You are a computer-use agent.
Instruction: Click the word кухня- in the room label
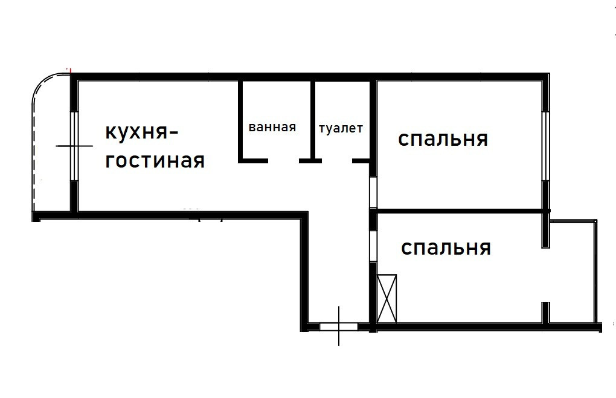coord(143,132)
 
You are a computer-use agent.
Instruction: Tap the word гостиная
coord(155,161)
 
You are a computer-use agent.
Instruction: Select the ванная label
coord(272,127)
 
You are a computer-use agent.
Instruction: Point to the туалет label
coord(341,128)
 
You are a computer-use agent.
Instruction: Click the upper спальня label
coord(443,139)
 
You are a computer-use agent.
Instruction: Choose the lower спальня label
coord(446,247)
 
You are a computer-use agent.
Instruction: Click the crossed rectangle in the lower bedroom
coord(388,299)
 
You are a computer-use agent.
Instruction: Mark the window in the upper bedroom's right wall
coord(545,145)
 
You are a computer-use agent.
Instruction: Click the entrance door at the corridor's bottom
coord(338,327)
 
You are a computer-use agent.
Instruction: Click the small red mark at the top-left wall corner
coord(71,71)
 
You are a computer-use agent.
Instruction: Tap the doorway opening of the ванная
coord(284,161)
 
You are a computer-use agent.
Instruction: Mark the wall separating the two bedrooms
coord(459,211)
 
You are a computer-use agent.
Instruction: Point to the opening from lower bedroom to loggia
coord(545,275)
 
